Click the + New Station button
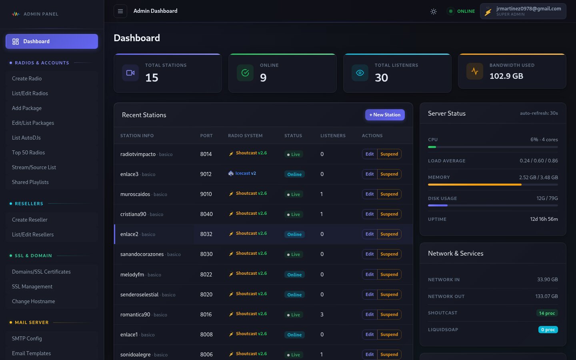pyautogui.click(x=385, y=115)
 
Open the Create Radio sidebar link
pyautogui.click(x=27, y=79)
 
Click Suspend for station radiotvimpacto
pyautogui.click(x=389, y=154)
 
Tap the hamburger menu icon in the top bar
pyautogui.click(x=120, y=11)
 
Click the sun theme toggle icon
pyautogui.click(x=433, y=12)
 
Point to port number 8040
pyautogui.click(x=206, y=214)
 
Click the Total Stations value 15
pyautogui.click(x=152, y=78)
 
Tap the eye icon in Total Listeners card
pyautogui.click(x=360, y=73)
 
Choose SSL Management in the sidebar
pyautogui.click(x=32, y=287)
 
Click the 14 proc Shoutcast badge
pyautogui.click(x=546, y=313)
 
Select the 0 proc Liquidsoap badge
pyautogui.click(x=548, y=330)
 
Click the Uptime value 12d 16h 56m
pyautogui.click(x=544, y=219)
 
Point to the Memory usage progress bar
pyautogui.click(x=492, y=185)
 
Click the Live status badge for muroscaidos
pyautogui.click(x=294, y=194)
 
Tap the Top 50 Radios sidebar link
pyautogui.click(x=28, y=153)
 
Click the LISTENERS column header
pyautogui.click(x=333, y=136)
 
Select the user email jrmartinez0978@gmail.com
pyautogui.click(x=528, y=9)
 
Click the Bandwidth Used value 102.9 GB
pyautogui.click(x=506, y=76)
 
